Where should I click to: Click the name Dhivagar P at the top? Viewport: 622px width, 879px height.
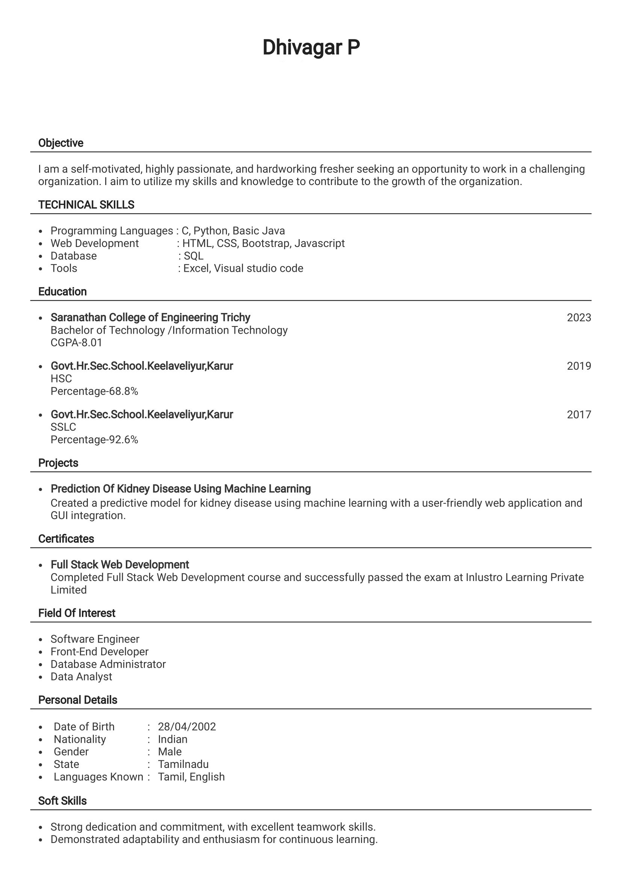point(311,47)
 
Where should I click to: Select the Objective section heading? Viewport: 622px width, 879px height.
point(60,143)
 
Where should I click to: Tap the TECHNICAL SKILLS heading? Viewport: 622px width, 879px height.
point(86,205)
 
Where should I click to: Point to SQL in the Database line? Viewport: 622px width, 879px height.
point(193,256)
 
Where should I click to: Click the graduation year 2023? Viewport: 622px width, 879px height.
point(579,318)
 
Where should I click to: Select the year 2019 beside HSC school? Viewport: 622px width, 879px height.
point(579,366)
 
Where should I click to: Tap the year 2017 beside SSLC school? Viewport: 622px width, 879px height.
point(579,414)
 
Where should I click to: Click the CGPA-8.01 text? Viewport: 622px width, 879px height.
point(76,342)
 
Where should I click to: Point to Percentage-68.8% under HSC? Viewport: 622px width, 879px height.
point(94,391)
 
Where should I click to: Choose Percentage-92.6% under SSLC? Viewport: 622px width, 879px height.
point(94,439)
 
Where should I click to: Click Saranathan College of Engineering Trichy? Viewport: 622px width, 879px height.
point(150,318)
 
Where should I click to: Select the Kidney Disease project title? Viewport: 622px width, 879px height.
point(181,489)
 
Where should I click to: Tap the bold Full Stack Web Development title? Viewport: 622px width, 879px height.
point(119,564)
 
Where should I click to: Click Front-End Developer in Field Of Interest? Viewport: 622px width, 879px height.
point(99,651)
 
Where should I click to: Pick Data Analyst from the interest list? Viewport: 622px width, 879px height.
point(81,676)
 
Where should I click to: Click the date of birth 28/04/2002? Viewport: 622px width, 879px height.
point(187,726)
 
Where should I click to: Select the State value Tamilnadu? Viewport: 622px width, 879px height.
point(183,764)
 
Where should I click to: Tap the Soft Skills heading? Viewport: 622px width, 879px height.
point(62,801)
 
